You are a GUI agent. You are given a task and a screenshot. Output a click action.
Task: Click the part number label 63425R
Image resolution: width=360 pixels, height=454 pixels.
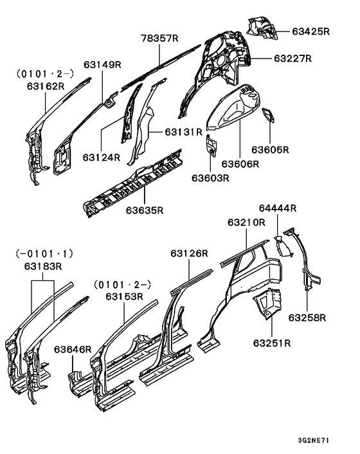(310, 30)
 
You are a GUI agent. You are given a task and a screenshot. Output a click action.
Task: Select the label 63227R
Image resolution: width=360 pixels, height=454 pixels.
(292, 59)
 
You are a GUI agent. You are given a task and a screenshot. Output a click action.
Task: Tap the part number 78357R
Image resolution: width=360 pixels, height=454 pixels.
(159, 39)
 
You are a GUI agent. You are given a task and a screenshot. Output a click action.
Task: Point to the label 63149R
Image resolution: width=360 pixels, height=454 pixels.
(103, 64)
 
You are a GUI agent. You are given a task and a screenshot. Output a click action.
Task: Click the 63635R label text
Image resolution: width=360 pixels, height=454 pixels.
(144, 210)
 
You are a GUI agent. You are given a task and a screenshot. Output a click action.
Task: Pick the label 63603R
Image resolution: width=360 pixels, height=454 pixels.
(210, 178)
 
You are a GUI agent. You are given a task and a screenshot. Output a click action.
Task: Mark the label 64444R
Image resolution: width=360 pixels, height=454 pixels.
(278, 208)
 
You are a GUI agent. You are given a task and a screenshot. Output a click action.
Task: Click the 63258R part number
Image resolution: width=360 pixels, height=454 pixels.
(307, 317)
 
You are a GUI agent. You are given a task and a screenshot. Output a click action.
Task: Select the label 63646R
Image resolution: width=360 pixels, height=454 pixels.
(73, 349)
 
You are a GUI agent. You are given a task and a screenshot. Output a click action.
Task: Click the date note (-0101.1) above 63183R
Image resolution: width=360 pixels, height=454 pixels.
(43, 254)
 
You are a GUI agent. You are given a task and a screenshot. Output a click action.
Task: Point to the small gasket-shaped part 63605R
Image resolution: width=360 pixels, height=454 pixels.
(267, 116)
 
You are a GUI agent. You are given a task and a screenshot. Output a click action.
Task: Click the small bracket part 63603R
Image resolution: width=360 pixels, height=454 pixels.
(211, 146)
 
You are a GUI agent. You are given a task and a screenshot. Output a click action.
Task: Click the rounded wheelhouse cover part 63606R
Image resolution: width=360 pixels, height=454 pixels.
(236, 106)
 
